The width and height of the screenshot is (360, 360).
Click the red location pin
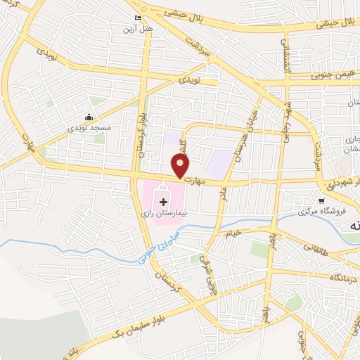coord(181,167)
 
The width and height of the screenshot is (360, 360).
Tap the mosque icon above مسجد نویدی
coord(89,117)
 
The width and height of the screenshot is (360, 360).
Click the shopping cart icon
coord(321,200)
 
